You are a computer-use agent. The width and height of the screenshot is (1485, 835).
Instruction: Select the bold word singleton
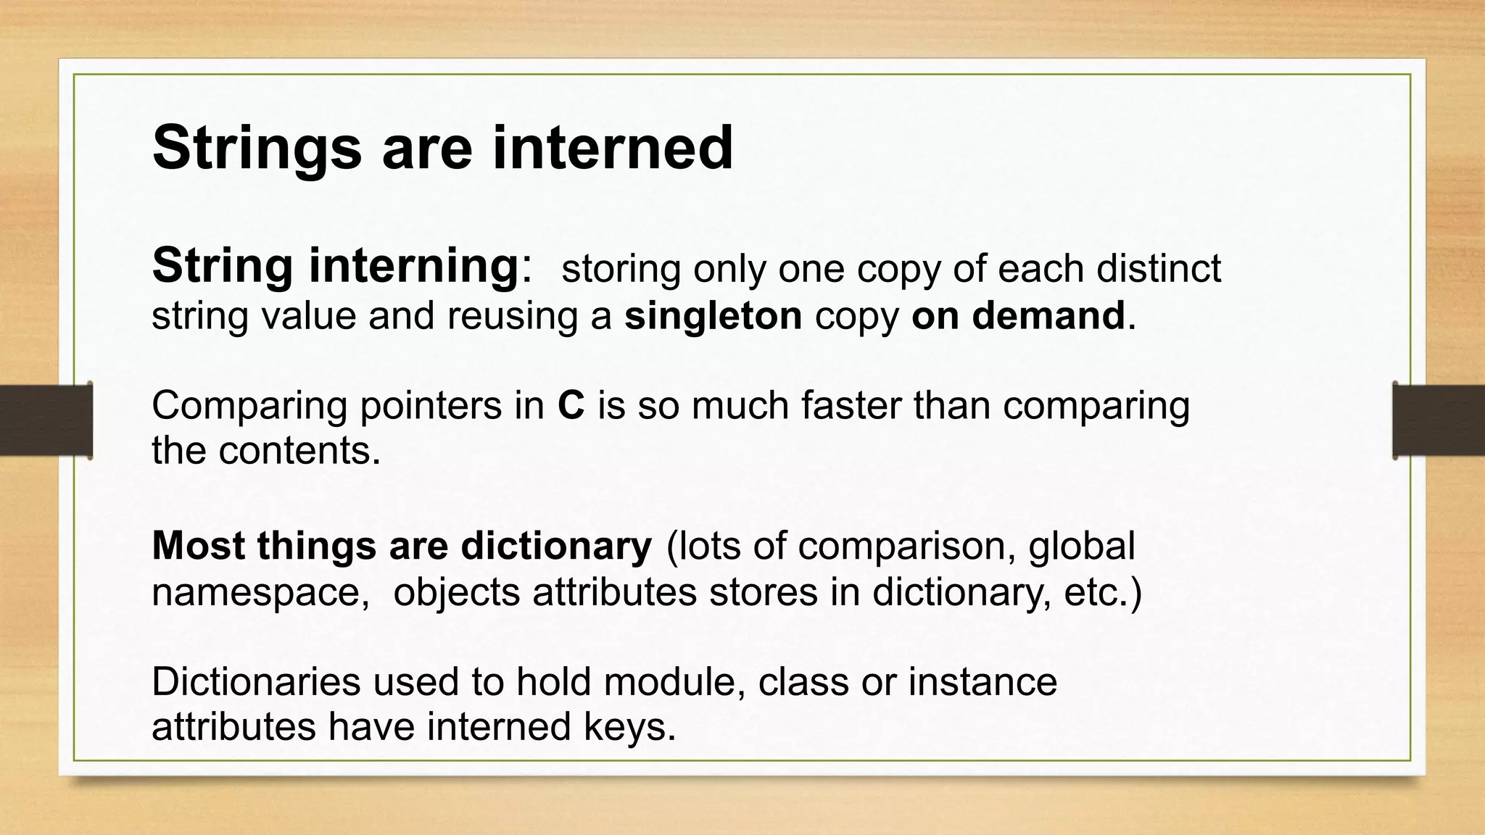click(x=713, y=315)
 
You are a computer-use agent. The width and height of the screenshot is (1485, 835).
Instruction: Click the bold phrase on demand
click(x=1018, y=315)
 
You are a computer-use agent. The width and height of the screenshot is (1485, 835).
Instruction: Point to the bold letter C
click(x=571, y=405)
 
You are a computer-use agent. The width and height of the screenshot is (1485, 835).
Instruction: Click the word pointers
click(x=431, y=406)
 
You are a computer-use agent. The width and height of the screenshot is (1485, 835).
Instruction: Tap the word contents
click(x=299, y=450)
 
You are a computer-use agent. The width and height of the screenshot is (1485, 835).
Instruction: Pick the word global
click(x=1081, y=546)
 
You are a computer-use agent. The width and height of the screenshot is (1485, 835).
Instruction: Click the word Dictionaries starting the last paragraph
click(x=255, y=682)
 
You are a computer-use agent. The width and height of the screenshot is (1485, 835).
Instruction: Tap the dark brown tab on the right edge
click(x=1439, y=420)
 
